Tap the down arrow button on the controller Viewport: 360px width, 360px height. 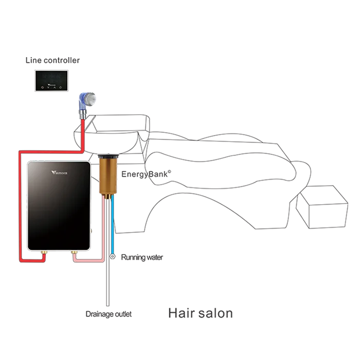pos(48,87)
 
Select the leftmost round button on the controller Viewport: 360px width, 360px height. pos(43,87)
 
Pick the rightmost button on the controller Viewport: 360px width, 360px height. pos(60,87)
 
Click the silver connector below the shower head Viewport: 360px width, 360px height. pos(82,113)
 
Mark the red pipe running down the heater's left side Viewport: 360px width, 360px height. pos(20,206)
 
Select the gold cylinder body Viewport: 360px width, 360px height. pos(109,175)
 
